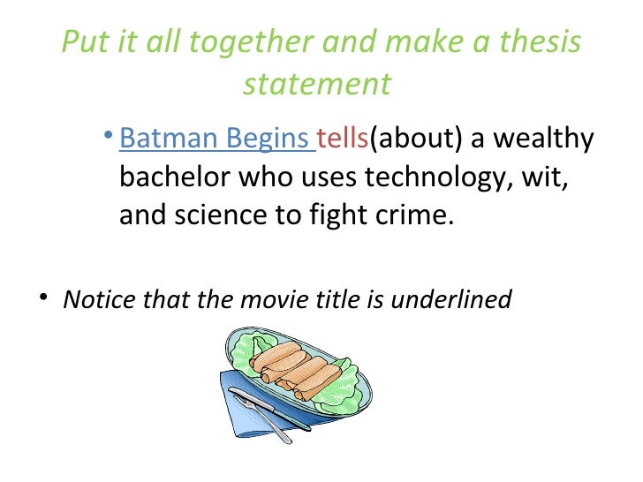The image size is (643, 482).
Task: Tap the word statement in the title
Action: click(x=316, y=84)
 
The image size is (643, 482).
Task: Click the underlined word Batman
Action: click(x=169, y=139)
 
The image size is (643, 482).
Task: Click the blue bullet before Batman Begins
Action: click(x=107, y=136)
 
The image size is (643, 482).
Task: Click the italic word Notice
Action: click(x=98, y=299)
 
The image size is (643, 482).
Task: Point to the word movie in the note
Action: click(x=265, y=299)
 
